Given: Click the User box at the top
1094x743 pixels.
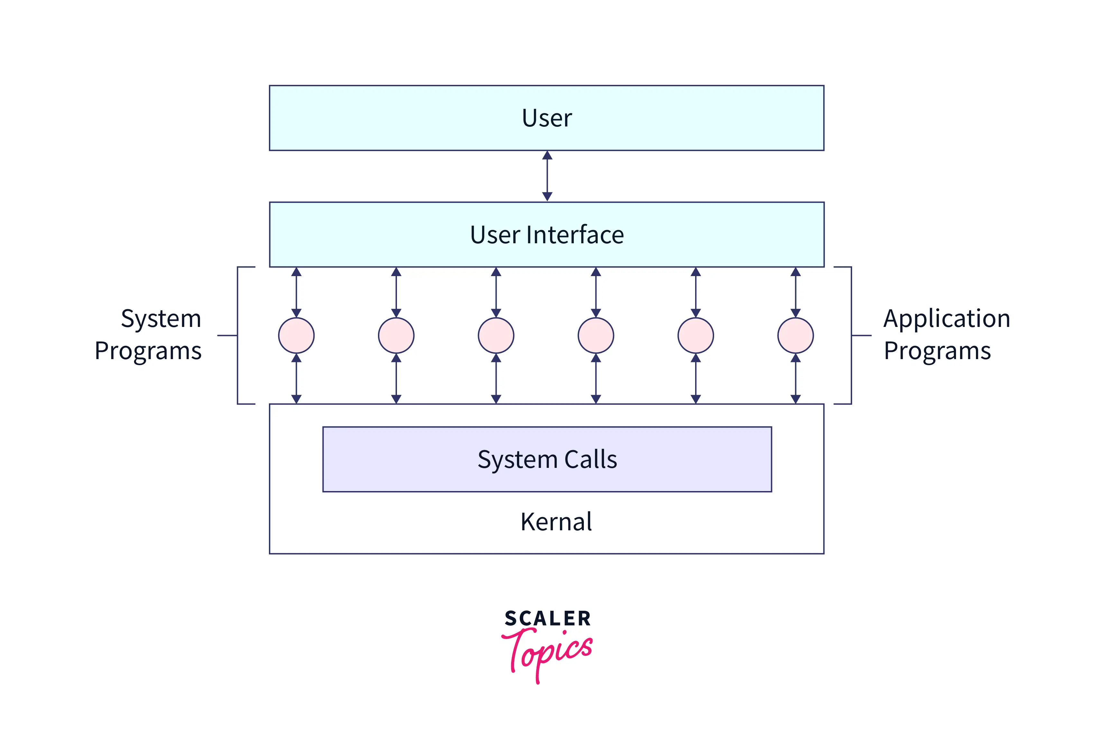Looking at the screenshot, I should (x=547, y=118).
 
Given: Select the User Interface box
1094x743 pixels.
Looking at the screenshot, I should (x=547, y=235).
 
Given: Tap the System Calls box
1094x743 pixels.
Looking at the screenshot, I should (x=547, y=459).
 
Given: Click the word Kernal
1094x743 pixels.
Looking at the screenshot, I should (x=556, y=522).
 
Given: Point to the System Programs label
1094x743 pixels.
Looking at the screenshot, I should (x=148, y=335).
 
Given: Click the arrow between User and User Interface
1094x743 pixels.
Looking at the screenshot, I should (x=547, y=176).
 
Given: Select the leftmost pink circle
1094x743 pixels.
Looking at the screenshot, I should (x=296, y=336).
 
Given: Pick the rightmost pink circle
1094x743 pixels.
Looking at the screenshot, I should (x=795, y=336).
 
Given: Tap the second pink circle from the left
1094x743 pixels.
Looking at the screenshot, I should (x=396, y=336).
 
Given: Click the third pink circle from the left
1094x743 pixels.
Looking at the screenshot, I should (x=496, y=336).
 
